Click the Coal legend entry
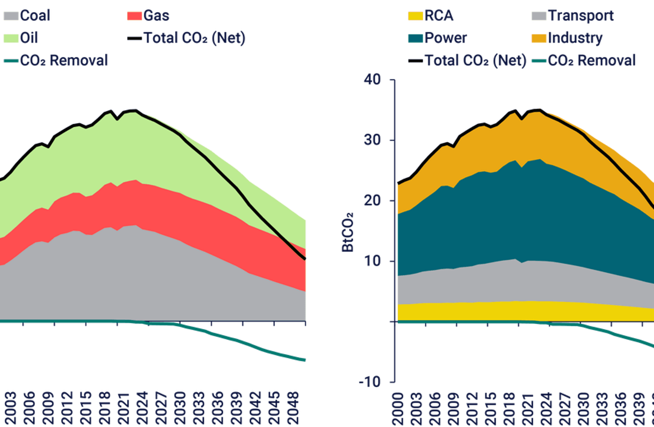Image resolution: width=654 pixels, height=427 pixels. coord(27,16)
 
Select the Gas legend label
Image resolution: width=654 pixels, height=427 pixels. coord(148,16)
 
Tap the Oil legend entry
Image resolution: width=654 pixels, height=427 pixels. coord(21,38)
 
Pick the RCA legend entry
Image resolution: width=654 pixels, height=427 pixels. coord(431,16)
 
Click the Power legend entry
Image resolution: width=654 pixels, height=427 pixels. coord(438,38)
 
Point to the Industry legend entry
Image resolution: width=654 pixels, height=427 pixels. coord(567,38)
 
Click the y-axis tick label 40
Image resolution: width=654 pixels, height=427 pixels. coord(372,79)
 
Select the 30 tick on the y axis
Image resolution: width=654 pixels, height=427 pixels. coord(372,140)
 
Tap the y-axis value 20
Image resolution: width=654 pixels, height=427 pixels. coord(372,200)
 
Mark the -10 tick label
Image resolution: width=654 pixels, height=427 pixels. coord(370,382)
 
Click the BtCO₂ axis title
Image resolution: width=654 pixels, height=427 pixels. coord(348,232)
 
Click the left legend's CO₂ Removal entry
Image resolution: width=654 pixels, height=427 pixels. coord(56,60)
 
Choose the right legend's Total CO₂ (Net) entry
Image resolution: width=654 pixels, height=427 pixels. coord(467,61)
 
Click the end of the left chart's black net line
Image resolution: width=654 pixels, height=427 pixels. coord(305,259)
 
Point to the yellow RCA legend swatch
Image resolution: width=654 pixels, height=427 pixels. coord(415,16)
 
